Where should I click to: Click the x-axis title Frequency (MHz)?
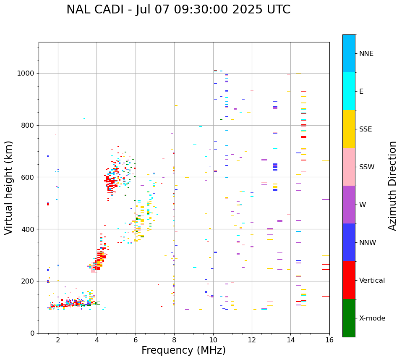tap(183, 350)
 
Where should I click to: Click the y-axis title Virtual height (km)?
tap(9, 187)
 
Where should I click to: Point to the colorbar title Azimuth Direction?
tap(392, 186)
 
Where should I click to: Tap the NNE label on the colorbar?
tap(366, 54)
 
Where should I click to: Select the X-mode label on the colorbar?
tap(372, 318)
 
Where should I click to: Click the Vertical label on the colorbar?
tap(372, 281)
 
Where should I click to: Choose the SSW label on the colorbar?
tap(367, 167)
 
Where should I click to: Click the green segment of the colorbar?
tap(349, 318)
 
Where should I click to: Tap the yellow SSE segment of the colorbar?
tap(349, 129)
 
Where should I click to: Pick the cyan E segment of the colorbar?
tap(349, 91)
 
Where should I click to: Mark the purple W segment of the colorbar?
tap(349, 205)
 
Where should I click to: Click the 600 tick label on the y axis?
tap(28, 177)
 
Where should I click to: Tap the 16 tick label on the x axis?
tap(329, 340)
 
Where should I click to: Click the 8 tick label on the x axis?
tap(174, 340)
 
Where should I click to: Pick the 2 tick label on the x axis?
tap(58, 340)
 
